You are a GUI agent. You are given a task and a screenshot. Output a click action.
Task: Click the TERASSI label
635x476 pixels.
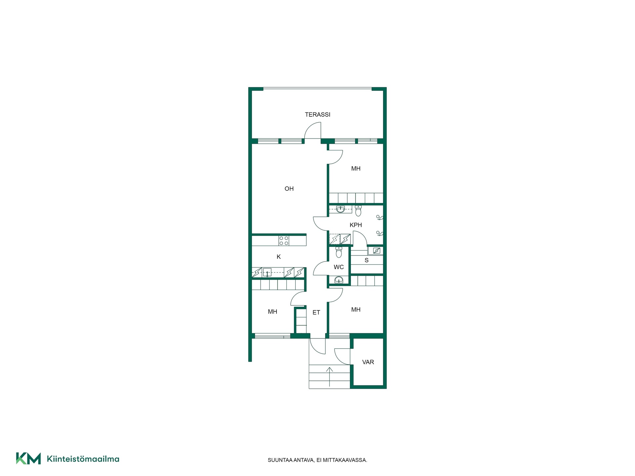(317, 115)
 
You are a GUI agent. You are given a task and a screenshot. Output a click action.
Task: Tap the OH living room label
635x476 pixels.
(289, 189)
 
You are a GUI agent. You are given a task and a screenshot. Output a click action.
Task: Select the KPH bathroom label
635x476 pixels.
(356, 225)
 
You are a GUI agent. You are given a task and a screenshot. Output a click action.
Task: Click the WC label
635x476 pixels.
(339, 267)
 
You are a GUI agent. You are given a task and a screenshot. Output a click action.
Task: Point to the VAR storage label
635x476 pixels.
(368, 362)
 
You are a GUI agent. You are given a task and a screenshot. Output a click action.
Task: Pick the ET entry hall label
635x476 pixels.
(316, 312)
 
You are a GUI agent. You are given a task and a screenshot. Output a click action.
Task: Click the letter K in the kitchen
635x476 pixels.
(279, 257)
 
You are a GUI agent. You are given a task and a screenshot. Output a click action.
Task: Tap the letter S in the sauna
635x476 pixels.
(366, 260)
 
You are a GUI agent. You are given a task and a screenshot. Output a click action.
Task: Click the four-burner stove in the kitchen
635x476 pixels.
(284, 240)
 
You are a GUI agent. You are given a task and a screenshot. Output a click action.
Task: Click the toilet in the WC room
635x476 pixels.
(339, 252)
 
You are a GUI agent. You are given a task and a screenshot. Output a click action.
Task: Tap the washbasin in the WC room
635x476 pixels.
(339, 280)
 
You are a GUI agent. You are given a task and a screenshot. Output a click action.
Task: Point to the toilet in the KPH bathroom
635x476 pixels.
(358, 211)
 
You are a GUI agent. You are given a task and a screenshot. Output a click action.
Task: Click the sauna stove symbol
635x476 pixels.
(377, 251)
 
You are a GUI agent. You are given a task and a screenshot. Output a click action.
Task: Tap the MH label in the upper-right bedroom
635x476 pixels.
(356, 169)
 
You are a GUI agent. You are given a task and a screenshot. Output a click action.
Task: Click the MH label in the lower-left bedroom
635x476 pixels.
(273, 312)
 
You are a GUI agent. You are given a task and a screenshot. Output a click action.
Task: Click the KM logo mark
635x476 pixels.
(28, 458)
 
